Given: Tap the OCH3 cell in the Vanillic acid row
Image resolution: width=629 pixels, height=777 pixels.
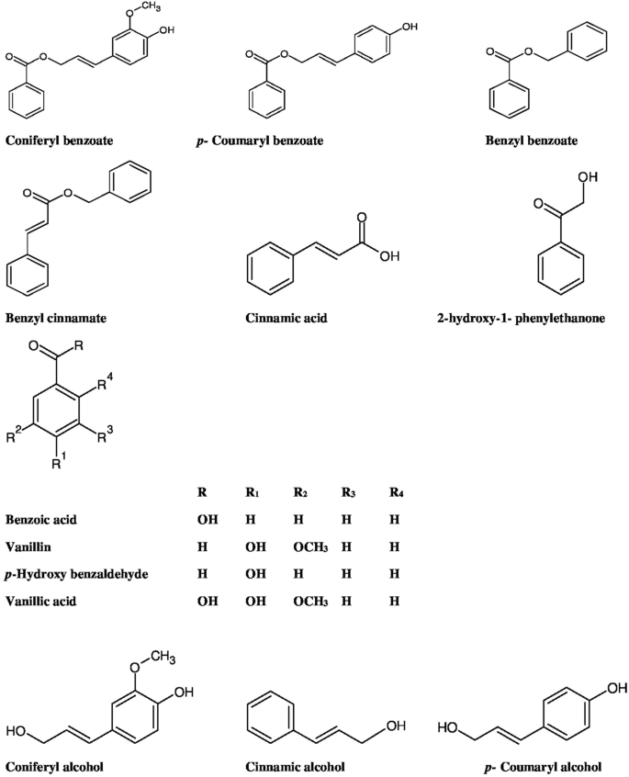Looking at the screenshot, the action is [x=303, y=597].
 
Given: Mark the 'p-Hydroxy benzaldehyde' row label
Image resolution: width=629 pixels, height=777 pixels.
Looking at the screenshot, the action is [x=67, y=570].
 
